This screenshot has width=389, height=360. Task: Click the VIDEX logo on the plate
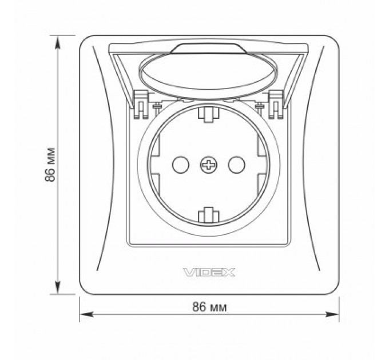pyautogui.click(x=209, y=273)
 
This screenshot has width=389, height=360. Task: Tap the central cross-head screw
pyautogui.click(x=209, y=165)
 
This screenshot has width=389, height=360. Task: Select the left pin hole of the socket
pyautogui.click(x=181, y=165)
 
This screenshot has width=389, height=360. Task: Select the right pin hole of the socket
pyautogui.click(x=236, y=165)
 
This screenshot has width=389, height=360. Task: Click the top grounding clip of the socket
pyautogui.click(x=209, y=113)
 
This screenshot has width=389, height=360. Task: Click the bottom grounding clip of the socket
pyautogui.click(x=209, y=215)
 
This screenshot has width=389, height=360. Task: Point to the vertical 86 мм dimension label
pyautogui.click(x=50, y=165)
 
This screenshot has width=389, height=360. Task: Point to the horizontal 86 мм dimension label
pyautogui.click(x=209, y=307)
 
